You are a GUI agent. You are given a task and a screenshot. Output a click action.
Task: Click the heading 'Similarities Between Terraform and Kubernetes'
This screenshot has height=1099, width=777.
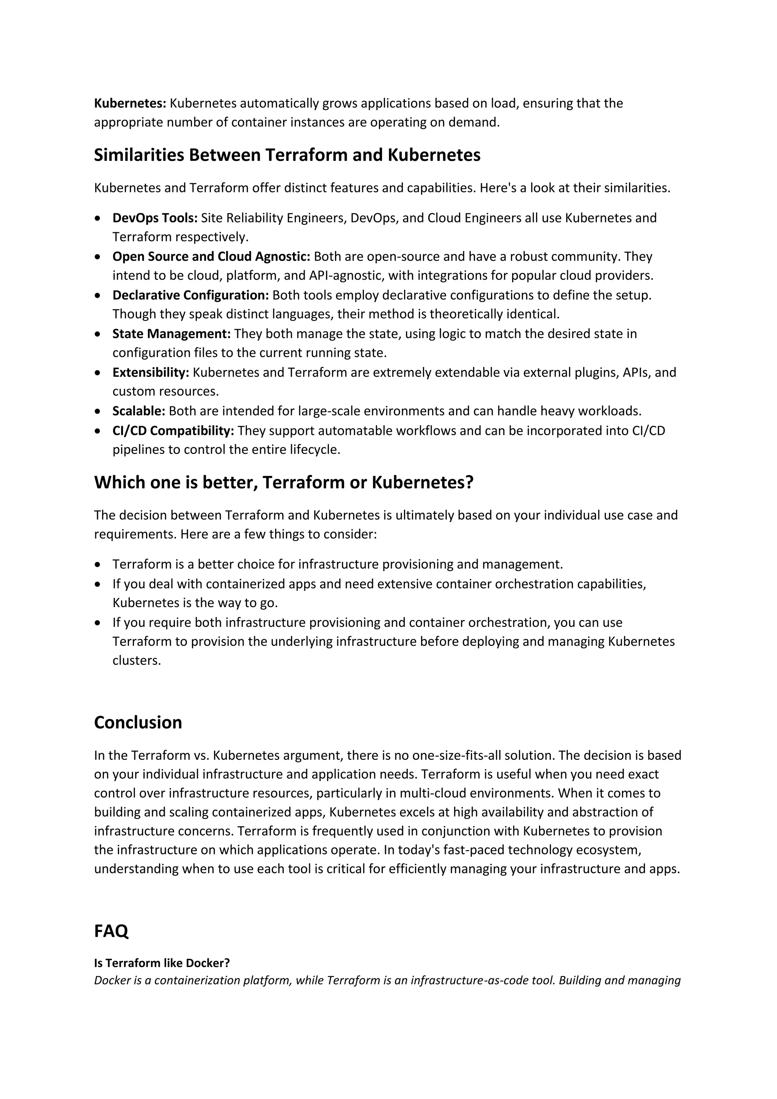[x=287, y=156]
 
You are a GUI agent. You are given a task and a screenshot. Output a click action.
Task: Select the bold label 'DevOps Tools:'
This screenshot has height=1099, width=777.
[x=154, y=218]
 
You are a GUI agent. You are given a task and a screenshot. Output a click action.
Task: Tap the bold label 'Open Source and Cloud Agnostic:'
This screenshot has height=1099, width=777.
[x=211, y=257]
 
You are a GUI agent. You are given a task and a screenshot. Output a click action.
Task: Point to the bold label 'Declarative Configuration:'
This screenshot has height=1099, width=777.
[x=190, y=295]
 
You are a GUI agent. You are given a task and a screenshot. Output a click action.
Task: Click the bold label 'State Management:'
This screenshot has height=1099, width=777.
[x=171, y=334]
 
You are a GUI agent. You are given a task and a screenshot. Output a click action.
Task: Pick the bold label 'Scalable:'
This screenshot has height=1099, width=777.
[x=139, y=411]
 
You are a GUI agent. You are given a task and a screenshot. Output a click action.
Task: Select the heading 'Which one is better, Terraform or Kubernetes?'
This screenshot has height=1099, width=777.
[x=283, y=482]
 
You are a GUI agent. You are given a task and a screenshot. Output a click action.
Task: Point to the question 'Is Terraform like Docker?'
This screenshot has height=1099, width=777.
[x=162, y=963]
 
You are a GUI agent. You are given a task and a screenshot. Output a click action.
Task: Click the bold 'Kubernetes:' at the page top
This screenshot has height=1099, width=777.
[x=130, y=103]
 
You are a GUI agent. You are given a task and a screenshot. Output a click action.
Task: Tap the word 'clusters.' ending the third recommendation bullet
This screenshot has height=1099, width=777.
[x=136, y=661]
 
